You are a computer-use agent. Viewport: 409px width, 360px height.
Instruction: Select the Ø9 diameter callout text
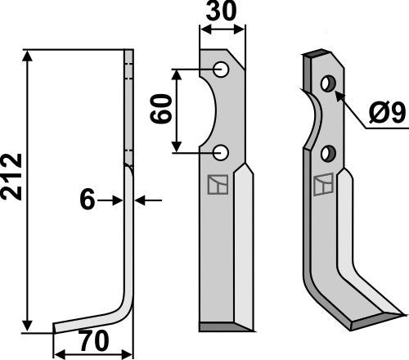pyautogui.click(x=384, y=112)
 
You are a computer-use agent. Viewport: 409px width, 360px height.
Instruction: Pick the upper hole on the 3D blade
pyautogui.click(x=328, y=83)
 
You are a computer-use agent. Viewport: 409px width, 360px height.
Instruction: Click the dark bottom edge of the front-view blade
pyautogui.click(x=221, y=326)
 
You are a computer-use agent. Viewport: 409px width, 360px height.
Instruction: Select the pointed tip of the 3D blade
pyautogui.click(x=401, y=313)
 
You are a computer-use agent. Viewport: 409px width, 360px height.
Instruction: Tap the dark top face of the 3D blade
pyautogui.click(x=317, y=54)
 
